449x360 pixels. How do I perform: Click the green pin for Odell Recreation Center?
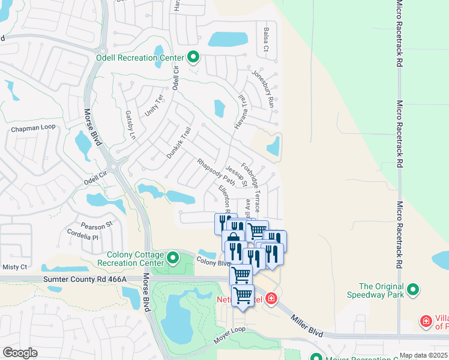(193, 58)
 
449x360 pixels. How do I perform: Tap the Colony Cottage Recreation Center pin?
(173, 258)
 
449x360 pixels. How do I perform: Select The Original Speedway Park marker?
(412, 290)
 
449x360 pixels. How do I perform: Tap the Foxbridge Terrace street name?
(250, 187)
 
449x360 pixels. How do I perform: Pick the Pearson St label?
(97, 225)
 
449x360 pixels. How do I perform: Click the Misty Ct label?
(15, 266)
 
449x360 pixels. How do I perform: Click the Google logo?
(20, 353)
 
